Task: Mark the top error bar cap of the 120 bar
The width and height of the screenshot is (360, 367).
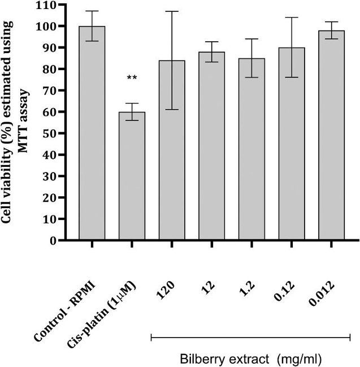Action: click(172, 11)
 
